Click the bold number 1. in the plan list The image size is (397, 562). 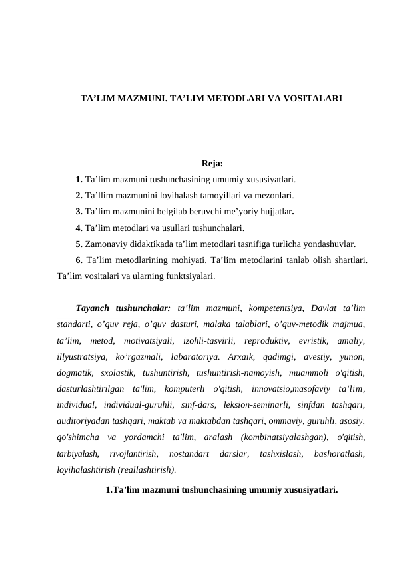coord(79,179)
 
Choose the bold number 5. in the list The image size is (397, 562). coord(79,244)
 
